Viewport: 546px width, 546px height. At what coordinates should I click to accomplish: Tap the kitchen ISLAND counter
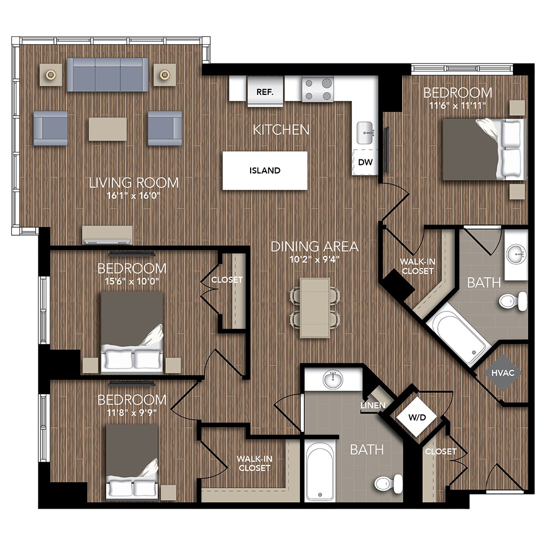click(x=265, y=171)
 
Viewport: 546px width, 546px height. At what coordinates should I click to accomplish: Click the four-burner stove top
click(x=318, y=89)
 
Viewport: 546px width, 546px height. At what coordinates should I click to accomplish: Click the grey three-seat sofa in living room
click(x=108, y=75)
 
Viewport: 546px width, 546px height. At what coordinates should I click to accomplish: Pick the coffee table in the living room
click(x=108, y=129)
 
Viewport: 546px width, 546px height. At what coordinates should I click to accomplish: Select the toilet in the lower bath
click(x=388, y=483)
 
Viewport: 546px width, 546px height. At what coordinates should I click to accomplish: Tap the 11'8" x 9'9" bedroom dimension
click(x=132, y=412)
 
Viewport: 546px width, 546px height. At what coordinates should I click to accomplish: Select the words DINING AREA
click(x=314, y=247)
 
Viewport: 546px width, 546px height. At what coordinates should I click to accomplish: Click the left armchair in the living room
click(x=51, y=128)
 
